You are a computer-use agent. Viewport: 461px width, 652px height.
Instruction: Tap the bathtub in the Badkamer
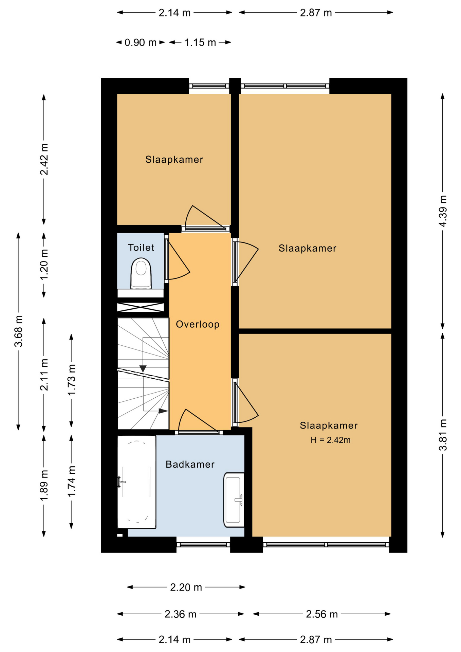coord(136,482)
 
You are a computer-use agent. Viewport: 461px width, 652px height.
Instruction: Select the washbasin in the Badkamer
coord(234,500)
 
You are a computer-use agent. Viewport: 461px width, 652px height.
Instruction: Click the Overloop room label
coord(198,324)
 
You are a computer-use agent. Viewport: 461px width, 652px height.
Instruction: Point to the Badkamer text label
coord(190,464)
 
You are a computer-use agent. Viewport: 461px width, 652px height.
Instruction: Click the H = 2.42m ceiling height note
coord(331,440)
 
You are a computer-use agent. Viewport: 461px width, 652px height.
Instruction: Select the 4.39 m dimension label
coord(443,211)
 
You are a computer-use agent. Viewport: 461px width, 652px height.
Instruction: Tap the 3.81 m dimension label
coord(443,435)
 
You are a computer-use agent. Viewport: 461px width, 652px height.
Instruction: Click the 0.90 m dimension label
coord(141,42)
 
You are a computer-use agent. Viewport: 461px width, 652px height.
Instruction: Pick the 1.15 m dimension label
coord(200,42)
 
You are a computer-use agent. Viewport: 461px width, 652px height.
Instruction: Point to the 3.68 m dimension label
coord(19,331)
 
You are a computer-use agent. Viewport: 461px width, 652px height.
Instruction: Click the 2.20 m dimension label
coord(186,587)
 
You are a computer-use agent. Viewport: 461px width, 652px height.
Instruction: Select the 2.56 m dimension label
coord(322,614)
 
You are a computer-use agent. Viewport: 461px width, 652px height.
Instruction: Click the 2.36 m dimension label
coord(181,614)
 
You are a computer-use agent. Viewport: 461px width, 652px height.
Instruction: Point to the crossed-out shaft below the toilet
coord(141,307)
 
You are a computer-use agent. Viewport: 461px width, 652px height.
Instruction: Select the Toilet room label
coord(141,248)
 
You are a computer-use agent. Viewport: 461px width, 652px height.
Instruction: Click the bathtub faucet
coord(121,482)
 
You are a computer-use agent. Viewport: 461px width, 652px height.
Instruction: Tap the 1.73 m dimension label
coord(72,380)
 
